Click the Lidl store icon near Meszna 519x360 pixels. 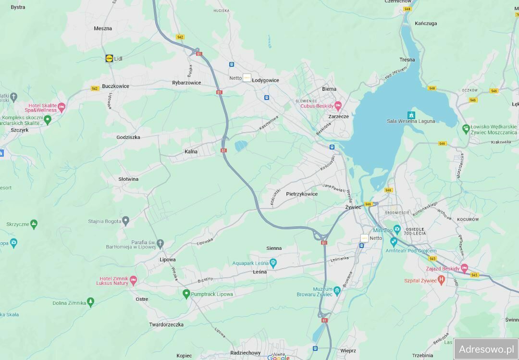click(x=109, y=59)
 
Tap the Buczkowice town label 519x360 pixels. click(x=115, y=87)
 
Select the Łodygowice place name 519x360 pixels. click(x=265, y=80)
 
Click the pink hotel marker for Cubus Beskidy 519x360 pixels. click(x=338, y=105)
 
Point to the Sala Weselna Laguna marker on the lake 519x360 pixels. click(x=411, y=115)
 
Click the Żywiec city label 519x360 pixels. click(x=353, y=207)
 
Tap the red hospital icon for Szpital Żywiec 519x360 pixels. click(x=441, y=280)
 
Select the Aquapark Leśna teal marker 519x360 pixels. click(x=273, y=262)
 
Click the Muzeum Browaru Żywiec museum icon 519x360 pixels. click(x=337, y=290)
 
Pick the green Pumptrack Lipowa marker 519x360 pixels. click(x=186, y=294)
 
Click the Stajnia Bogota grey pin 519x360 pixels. click(x=125, y=221)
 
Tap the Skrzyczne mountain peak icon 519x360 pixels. click(x=34, y=224)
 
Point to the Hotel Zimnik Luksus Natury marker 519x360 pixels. click(x=133, y=280)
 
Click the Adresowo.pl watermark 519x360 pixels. click(x=486, y=349)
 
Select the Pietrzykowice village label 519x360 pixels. click(x=301, y=194)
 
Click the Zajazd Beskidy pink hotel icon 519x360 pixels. click(x=464, y=268)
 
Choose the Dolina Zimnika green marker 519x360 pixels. click(x=90, y=302)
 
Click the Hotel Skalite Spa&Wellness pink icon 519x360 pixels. click(x=61, y=106)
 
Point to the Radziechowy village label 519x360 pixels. click(x=245, y=353)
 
